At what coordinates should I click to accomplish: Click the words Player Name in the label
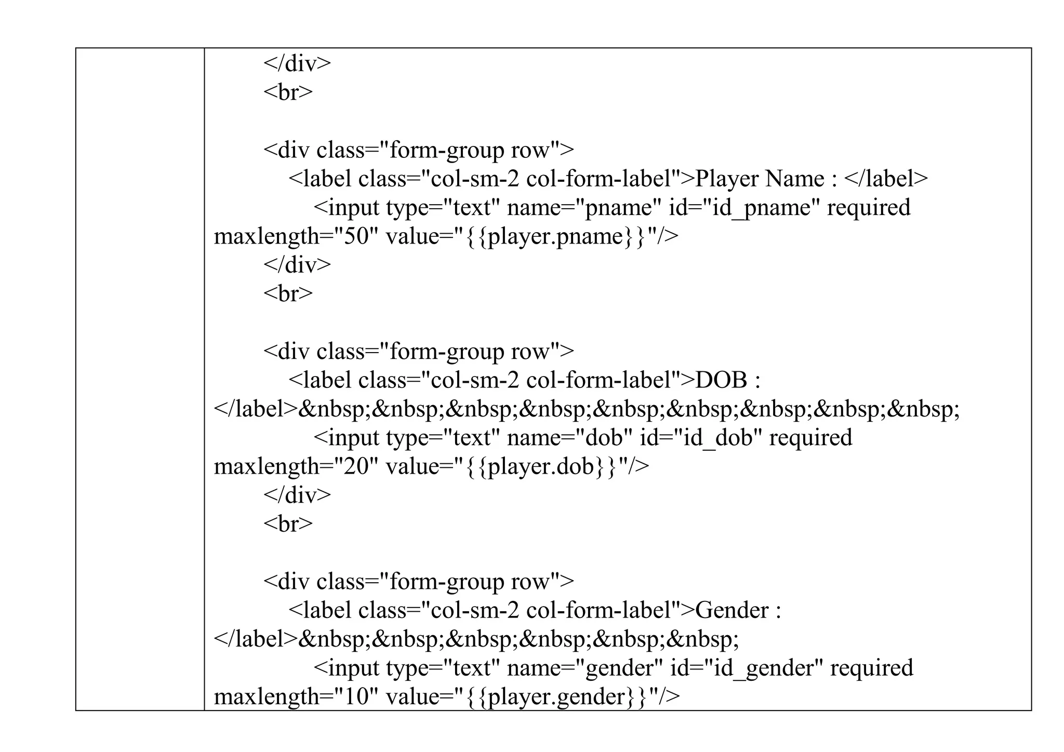[x=759, y=179]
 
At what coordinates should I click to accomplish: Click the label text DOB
[x=721, y=381]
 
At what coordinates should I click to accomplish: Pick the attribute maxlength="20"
[x=295, y=467]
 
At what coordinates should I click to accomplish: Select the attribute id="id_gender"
[x=747, y=668]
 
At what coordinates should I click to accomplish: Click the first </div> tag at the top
[x=297, y=64]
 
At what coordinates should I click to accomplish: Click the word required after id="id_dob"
[x=810, y=438]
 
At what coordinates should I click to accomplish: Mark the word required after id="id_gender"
[x=871, y=668]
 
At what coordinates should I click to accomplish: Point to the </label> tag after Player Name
[x=886, y=179]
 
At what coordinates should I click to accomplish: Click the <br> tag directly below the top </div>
[x=288, y=92]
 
